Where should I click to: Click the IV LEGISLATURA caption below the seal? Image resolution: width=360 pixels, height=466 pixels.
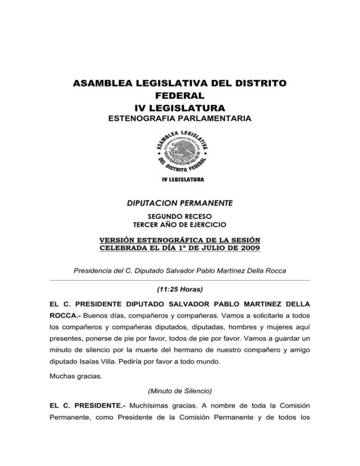pos(180,180)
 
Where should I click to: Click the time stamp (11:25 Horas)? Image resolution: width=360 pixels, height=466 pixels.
pos(180,290)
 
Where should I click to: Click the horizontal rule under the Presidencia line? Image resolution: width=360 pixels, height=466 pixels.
pos(180,280)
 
